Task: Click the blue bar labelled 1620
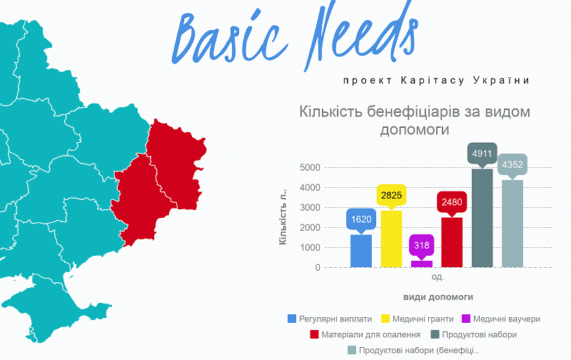[361, 251]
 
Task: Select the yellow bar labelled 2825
[391, 239]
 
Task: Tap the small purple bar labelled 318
[421, 264]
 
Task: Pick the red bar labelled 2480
[452, 242]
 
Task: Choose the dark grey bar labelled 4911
[482, 218]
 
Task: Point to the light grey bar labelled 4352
[512, 224]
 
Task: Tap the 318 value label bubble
[421, 245]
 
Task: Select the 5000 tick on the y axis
[311, 168]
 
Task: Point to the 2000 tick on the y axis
[311, 228]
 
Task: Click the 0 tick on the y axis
[316, 268]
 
